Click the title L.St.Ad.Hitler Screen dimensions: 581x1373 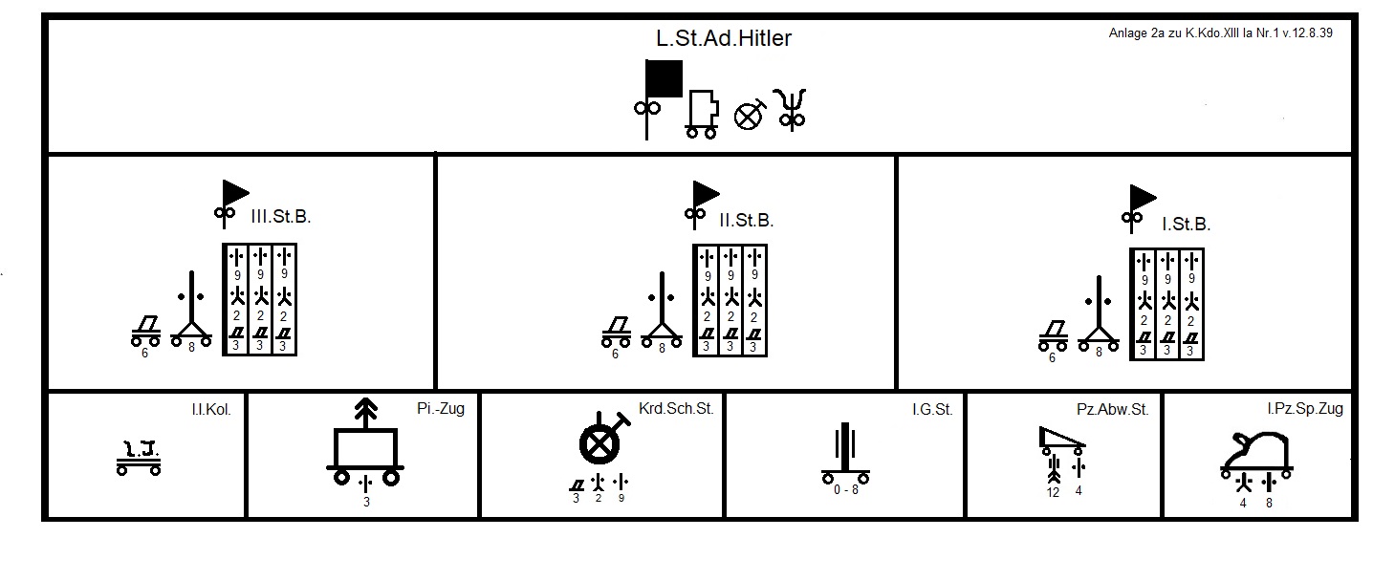[x=724, y=39]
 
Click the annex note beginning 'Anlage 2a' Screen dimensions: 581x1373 [x=1221, y=32]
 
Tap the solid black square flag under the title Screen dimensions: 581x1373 [x=665, y=79]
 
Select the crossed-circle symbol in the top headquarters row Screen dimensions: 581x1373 [x=749, y=115]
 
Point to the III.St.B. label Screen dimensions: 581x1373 [x=280, y=217]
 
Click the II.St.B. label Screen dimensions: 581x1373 [x=747, y=221]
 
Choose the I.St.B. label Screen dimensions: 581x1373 [x=1186, y=225]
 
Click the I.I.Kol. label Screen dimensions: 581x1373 [x=211, y=410]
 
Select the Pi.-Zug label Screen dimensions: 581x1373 [x=441, y=409]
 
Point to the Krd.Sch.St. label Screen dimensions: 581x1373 [x=676, y=409]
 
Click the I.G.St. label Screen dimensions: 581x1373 [x=932, y=410]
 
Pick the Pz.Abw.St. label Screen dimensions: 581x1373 [x=1112, y=410]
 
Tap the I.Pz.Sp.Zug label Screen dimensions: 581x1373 [x=1304, y=409]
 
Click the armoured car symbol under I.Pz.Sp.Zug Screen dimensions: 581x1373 [x=1257, y=456]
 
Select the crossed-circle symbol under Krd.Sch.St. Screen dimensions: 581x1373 [x=599, y=443]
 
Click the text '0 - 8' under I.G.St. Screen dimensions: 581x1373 [x=845, y=491]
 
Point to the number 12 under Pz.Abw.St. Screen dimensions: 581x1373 [x=1053, y=492]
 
